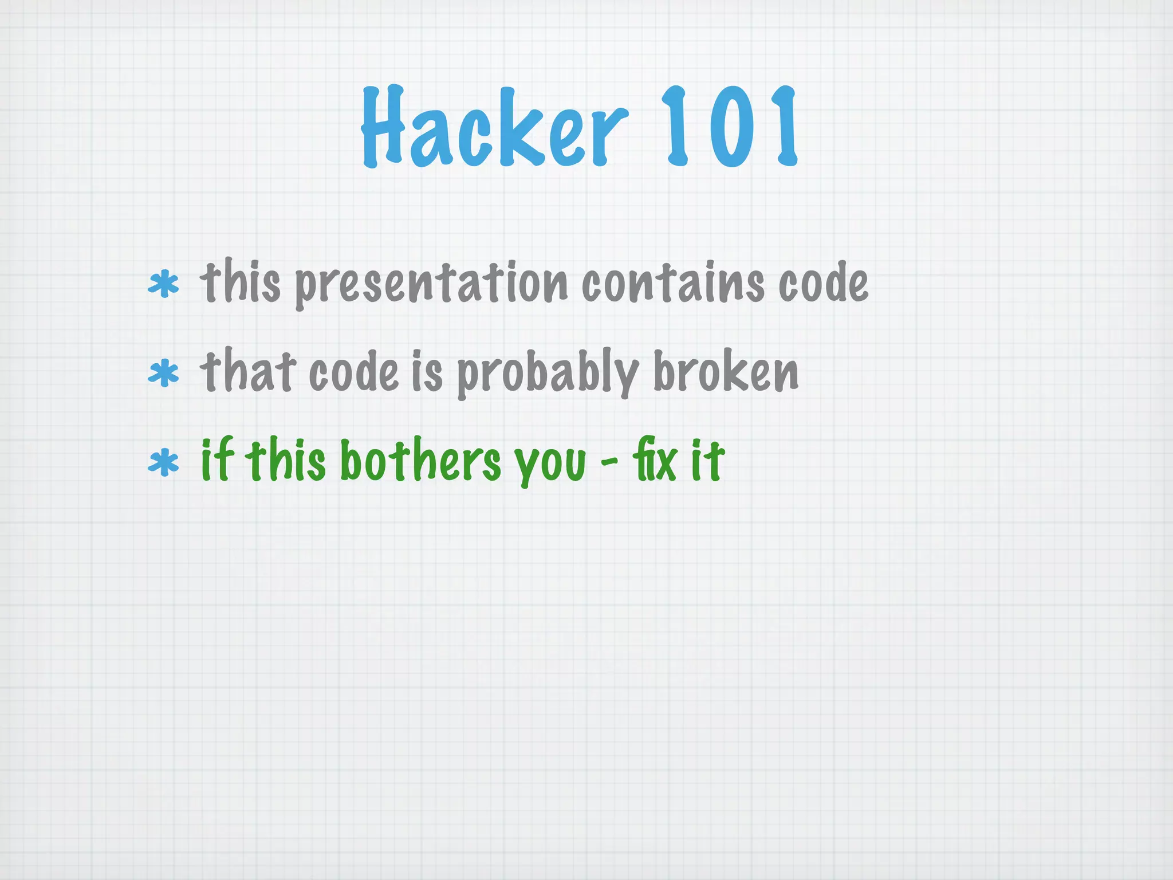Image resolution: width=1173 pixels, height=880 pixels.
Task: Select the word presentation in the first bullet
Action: click(x=431, y=284)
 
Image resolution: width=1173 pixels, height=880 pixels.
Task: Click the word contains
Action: click(x=673, y=282)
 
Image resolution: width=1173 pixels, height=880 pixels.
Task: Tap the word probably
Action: click(x=548, y=374)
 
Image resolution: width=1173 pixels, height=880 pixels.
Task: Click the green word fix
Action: click(x=654, y=459)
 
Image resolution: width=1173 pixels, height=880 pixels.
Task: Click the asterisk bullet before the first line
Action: click(x=163, y=285)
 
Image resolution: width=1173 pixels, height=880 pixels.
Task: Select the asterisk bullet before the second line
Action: click(x=163, y=374)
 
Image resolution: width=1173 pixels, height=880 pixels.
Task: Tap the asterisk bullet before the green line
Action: click(x=163, y=463)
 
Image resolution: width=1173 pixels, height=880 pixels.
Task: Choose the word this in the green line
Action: click(x=288, y=459)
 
